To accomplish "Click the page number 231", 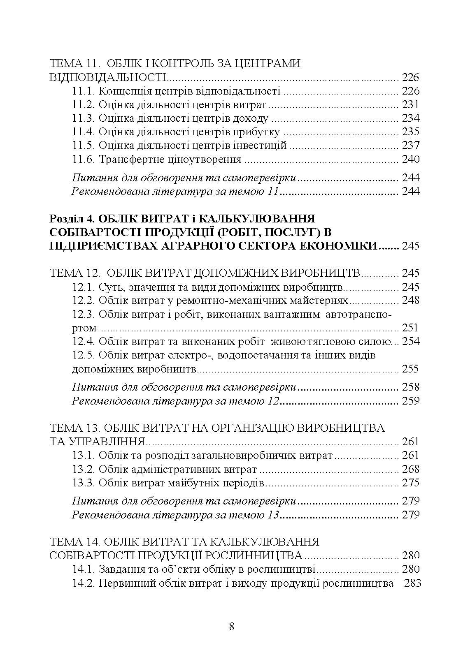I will (x=410, y=104).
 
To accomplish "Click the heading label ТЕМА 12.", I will (x=74, y=273).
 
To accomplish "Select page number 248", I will (x=410, y=300).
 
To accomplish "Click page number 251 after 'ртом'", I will (x=410, y=328).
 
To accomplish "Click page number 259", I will (x=410, y=400).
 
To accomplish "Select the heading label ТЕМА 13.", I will (x=72, y=428).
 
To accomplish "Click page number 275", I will (x=410, y=483).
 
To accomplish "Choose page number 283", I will (x=413, y=583).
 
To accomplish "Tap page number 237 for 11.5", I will (x=410, y=145).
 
